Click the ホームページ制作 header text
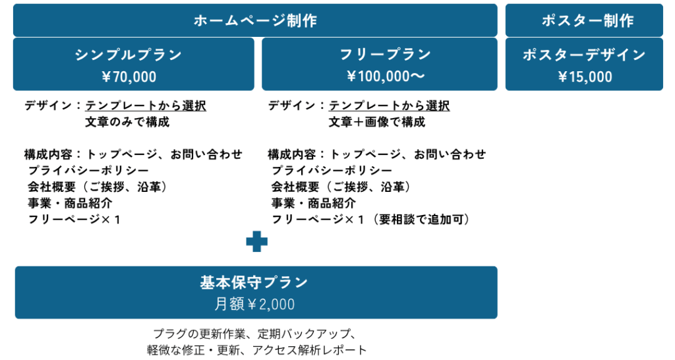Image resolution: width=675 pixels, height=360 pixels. [255, 20]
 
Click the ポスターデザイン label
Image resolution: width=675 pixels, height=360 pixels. [584, 55]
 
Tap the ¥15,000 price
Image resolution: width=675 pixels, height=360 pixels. [585, 77]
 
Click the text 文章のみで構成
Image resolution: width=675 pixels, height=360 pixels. [127, 122]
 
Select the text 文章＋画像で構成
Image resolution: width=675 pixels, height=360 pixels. [377, 122]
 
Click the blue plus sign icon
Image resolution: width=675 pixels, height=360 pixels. [256, 243]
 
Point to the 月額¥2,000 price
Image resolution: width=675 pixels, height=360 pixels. [254, 305]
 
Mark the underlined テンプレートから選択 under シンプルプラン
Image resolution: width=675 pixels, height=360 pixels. [146, 105]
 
